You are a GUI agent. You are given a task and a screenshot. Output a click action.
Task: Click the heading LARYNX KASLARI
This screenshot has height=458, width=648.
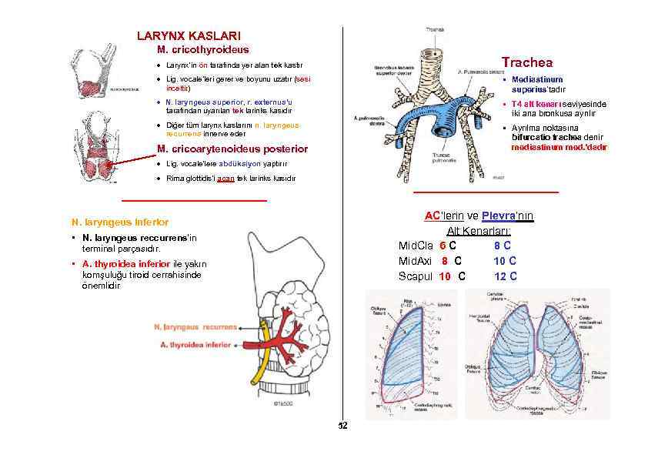pos(189,35)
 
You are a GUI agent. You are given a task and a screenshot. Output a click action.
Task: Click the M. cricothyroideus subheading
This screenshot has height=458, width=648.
pos(202,50)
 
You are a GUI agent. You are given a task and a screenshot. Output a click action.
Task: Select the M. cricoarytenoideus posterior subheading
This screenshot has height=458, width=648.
pos(232,149)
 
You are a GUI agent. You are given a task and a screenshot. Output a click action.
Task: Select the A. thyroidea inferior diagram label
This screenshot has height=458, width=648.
pos(195,346)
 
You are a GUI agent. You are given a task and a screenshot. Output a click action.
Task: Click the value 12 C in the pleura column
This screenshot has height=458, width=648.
pos(505,276)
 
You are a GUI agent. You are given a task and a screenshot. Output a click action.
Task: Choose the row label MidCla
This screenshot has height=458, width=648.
pos(415,246)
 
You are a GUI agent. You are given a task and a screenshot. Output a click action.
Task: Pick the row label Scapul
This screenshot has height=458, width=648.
pos(416,276)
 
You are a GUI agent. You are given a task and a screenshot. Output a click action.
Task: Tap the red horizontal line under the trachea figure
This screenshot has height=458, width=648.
pos(486,192)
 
